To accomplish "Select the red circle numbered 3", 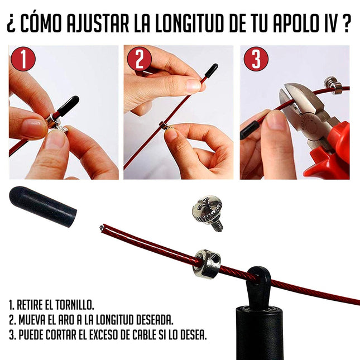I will pyautogui.click(x=256, y=59).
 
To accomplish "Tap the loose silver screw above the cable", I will pyautogui.click(x=208, y=211).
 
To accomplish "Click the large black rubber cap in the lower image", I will pyautogui.click(x=42, y=206).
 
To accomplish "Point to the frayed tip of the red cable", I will pyautogui.click(x=103, y=228).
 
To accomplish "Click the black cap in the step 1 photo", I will pyautogui.click(x=66, y=106).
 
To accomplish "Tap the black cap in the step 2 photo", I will pyautogui.click(x=212, y=70).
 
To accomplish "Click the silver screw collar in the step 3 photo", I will pyautogui.click(x=333, y=84).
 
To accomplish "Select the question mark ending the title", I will pyautogui.click(x=347, y=25).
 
